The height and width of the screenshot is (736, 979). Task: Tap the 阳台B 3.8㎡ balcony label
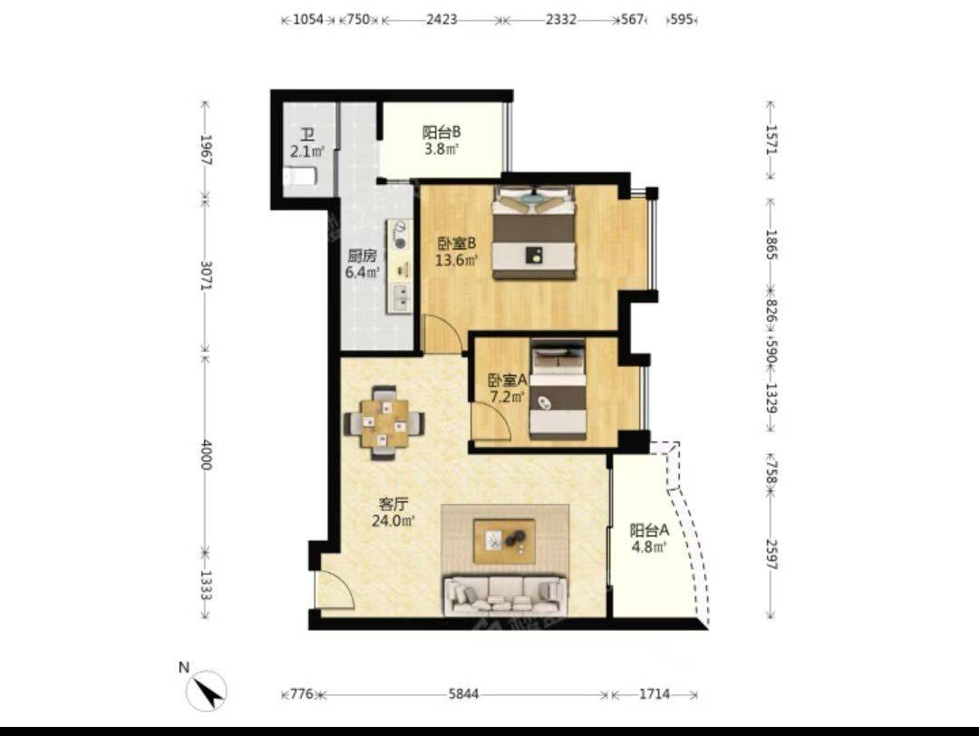click(x=441, y=140)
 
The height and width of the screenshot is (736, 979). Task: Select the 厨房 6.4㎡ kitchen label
click(x=363, y=264)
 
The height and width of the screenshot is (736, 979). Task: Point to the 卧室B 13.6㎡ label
click(x=456, y=251)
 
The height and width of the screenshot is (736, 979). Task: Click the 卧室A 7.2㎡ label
click(x=507, y=388)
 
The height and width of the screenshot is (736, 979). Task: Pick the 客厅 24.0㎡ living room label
click(x=393, y=512)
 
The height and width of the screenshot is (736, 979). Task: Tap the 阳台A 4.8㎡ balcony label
click(x=649, y=538)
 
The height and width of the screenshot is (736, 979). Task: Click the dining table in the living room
click(x=384, y=423)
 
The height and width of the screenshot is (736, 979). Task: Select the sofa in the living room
click(x=506, y=595)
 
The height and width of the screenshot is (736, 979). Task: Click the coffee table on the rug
click(x=504, y=541)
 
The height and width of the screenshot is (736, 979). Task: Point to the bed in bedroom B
click(x=534, y=232)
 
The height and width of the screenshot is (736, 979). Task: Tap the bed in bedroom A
click(x=558, y=388)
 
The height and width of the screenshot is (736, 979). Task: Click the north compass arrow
click(x=209, y=691)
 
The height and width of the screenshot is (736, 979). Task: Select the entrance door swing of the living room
click(x=335, y=590)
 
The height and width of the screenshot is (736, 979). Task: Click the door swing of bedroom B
click(x=442, y=334)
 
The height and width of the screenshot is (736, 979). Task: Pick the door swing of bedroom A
click(x=492, y=422)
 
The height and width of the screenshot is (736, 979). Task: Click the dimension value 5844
click(x=463, y=694)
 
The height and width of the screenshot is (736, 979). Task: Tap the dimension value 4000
click(x=207, y=455)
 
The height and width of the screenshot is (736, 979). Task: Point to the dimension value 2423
click(x=441, y=19)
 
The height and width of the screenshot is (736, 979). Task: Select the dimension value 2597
click(x=771, y=555)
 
